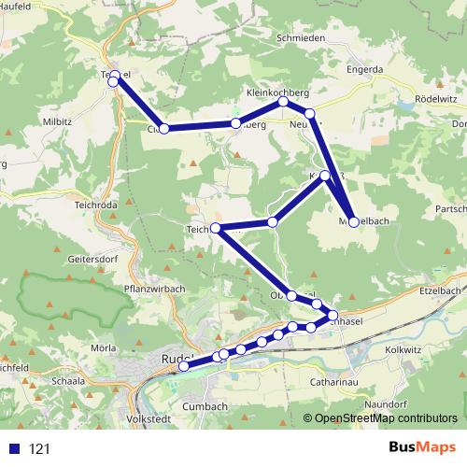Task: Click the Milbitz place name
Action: (x=56, y=122)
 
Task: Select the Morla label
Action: (x=104, y=348)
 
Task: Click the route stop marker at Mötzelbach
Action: (x=354, y=221)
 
